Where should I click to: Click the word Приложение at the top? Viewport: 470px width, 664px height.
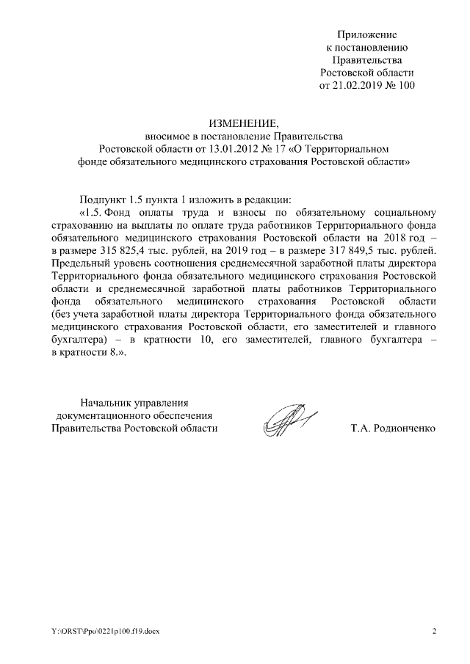pyautogui.click(x=367, y=34)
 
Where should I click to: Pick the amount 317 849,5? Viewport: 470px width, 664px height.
pyautogui.click(x=354, y=251)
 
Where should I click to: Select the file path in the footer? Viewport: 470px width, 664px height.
pyautogui.click(x=98, y=632)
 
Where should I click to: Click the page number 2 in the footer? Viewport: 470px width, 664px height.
pyautogui.click(x=434, y=632)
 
